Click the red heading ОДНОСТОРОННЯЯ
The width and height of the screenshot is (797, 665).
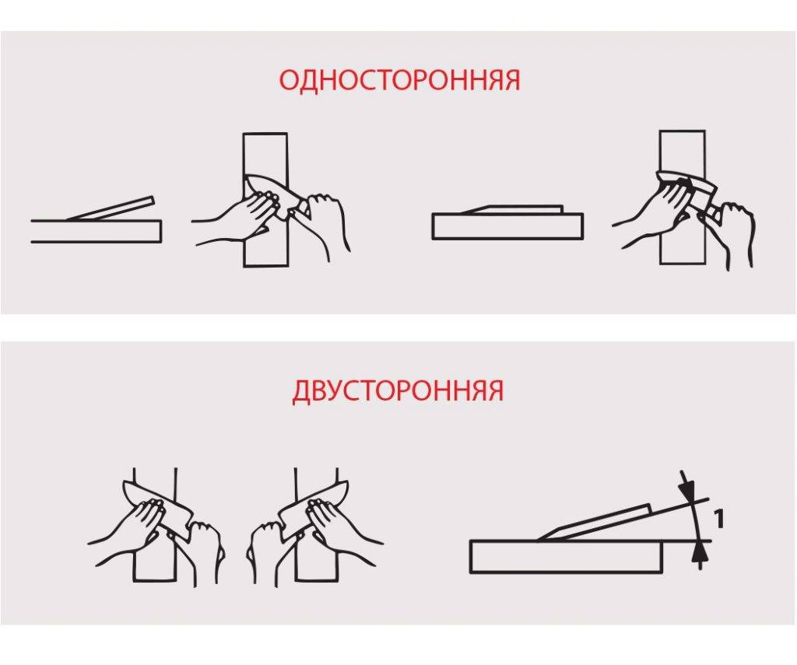point(400,81)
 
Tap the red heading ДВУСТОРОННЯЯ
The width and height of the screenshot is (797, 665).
point(398,390)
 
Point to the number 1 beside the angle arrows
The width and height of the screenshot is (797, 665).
point(718,520)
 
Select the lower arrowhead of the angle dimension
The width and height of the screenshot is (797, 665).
point(700,550)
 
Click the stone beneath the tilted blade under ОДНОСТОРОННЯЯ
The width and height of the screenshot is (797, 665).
point(96,231)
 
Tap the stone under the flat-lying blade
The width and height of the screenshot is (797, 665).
point(507,226)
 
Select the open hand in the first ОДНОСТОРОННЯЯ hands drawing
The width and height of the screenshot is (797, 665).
point(239,216)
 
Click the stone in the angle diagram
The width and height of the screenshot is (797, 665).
point(567,558)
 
